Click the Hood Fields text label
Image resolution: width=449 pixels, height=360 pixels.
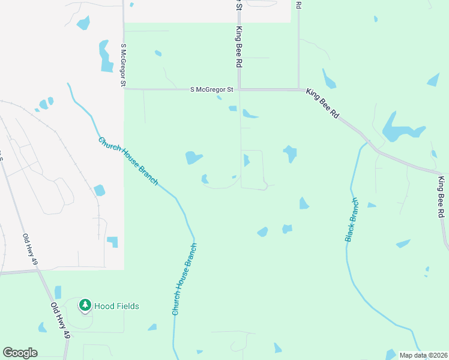(117, 306)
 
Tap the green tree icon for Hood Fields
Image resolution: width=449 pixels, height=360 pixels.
(85, 305)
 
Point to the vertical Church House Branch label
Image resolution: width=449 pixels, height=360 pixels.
(184, 279)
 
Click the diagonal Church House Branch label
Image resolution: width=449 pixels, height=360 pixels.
(128, 161)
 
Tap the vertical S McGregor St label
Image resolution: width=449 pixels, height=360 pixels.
(123, 65)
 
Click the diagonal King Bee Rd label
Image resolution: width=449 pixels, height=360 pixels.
(323, 103)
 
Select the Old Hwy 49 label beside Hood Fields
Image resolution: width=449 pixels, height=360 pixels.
(60, 320)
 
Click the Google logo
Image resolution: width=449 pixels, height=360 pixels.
(20, 353)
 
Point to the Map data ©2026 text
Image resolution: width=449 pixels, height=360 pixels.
(423, 355)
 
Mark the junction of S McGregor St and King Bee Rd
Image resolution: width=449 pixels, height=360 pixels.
(240, 90)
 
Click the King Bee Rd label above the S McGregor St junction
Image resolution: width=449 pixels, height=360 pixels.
(239, 47)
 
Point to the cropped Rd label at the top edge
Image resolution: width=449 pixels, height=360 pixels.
(298, 4)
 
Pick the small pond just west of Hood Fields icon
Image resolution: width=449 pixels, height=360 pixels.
(58, 292)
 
